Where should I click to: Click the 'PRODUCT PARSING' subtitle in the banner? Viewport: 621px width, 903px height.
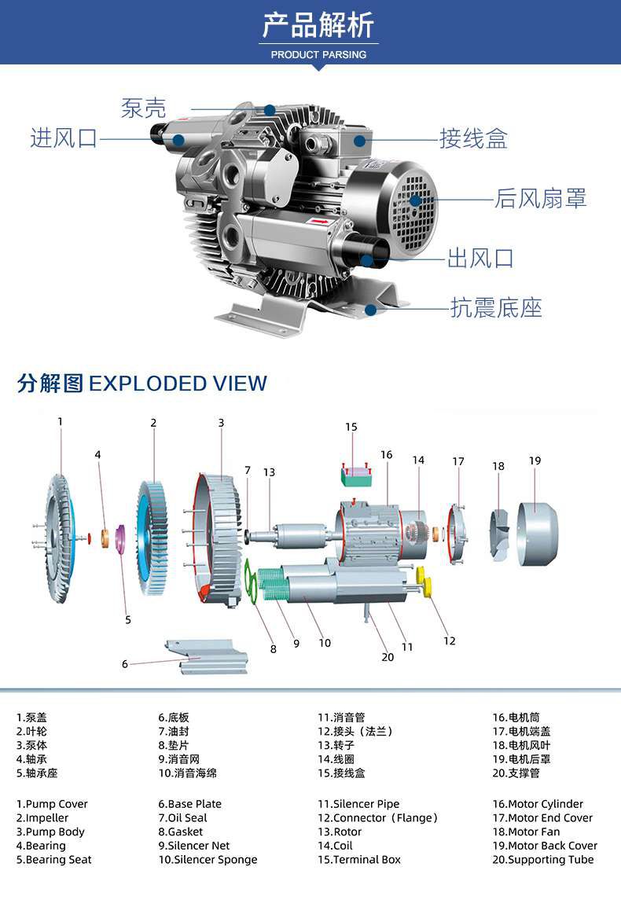318,55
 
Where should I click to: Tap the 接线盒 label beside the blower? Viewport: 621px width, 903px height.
473,139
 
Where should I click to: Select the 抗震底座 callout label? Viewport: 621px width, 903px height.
496,307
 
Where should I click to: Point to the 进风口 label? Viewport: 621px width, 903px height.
64,138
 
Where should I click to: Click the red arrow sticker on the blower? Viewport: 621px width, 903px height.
318,221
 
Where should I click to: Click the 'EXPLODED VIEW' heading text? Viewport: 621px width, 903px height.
178,384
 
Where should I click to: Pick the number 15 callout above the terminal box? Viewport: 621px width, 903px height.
351,427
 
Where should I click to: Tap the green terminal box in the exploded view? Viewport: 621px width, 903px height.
357,475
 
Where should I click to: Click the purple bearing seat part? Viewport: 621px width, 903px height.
120,538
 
